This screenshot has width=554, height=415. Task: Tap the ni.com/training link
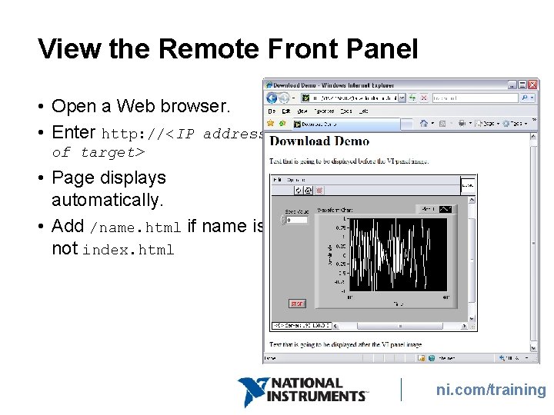tap(491, 390)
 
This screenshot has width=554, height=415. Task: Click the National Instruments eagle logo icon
tap(252, 391)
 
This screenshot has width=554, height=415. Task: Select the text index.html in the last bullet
tap(128, 250)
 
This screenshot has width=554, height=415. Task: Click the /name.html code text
tap(135, 227)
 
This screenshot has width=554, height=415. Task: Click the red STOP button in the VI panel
tap(297, 304)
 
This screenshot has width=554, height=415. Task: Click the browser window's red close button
tap(532, 85)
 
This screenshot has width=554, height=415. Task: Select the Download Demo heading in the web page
tap(319, 141)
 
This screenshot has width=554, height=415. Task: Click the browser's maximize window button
tap(522, 85)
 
